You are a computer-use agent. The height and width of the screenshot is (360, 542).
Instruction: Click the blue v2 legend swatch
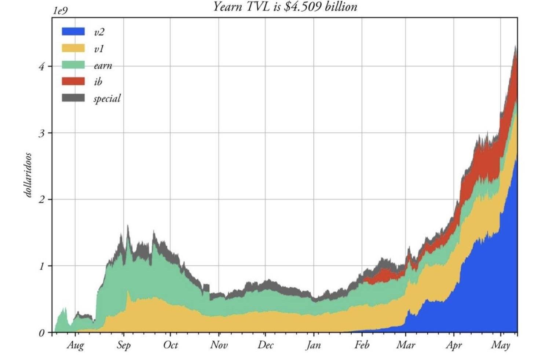(73, 32)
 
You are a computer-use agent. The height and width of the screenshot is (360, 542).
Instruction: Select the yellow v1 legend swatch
(73, 48)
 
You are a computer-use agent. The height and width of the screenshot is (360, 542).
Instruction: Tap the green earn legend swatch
(73, 65)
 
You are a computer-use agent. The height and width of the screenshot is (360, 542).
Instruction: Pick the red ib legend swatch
(73, 81)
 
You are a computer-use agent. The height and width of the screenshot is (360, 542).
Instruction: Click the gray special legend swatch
(73, 98)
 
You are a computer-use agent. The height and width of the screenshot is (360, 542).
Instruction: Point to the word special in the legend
(107, 99)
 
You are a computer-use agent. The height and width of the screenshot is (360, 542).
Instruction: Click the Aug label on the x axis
(76, 345)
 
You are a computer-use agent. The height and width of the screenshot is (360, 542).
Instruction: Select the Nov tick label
(219, 345)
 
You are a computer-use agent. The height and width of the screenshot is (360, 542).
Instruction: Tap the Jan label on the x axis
(314, 345)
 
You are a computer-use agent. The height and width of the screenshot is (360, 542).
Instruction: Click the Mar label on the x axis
(406, 345)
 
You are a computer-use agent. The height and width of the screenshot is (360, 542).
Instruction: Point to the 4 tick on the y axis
(42, 66)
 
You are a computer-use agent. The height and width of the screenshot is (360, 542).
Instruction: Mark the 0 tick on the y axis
(42, 333)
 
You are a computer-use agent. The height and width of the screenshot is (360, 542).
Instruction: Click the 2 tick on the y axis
(42, 199)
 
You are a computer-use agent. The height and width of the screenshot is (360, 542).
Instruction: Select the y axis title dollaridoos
(29, 175)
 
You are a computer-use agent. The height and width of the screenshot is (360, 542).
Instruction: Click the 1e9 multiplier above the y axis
(60, 11)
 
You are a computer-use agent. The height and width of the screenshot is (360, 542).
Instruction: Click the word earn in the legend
(103, 66)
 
